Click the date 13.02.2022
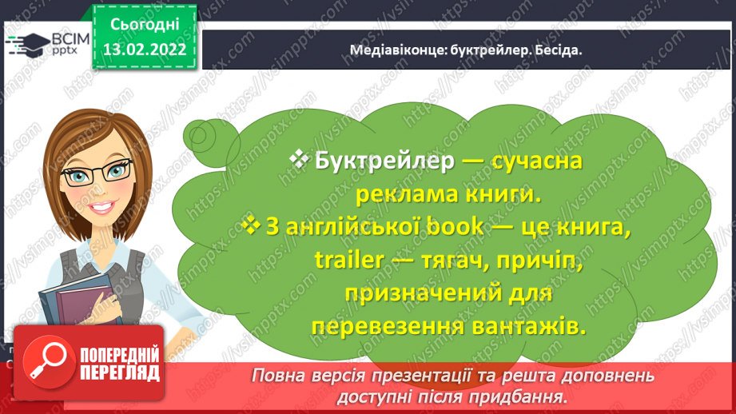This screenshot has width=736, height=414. click(x=145, y=50)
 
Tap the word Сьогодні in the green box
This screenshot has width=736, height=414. click(x=145, y=25)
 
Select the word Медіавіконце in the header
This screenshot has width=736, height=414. click(x=398, y=50)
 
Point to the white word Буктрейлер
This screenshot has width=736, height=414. click(x=384, y=161)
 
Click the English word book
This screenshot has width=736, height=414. click(x=455, y=227)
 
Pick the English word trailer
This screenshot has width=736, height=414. click(x=348, y=260)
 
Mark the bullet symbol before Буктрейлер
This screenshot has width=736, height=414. click(x=299, y=159)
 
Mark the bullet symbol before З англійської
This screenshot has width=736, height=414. click(x=251, y=225)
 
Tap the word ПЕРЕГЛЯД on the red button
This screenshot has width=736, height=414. click(x=120, y=373)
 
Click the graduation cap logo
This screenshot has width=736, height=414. click(x=28, y=44)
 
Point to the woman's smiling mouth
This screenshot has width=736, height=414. click(x=101, y=207)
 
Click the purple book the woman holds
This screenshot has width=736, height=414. click(x=85, y=305)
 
